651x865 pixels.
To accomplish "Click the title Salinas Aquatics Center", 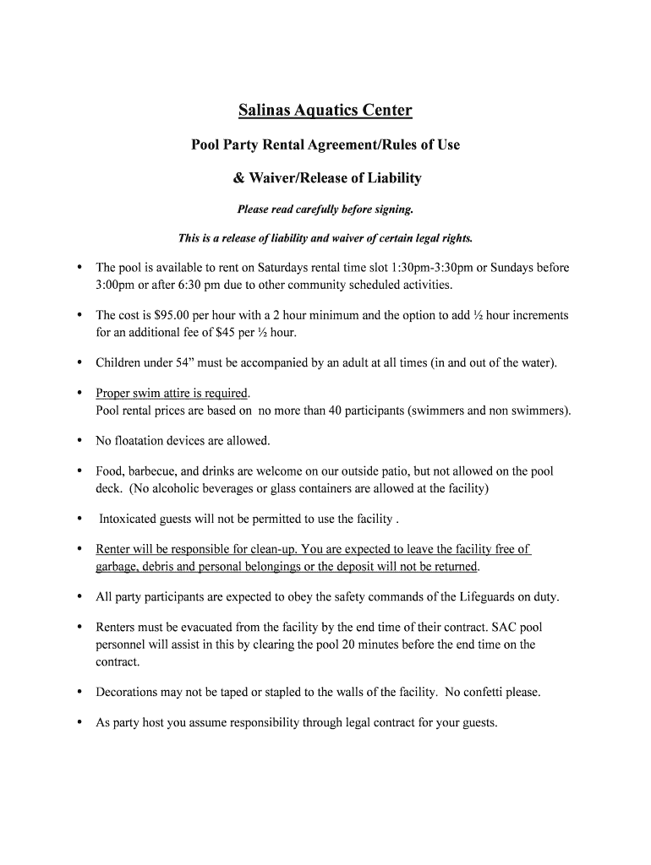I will tap(325, 111).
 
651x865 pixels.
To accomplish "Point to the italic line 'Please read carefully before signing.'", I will tap(325, 209).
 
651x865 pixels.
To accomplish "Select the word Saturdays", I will tap(286, 268).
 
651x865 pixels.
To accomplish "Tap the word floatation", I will tap(145, 441).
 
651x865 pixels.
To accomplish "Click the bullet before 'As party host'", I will tap(79, 723).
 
